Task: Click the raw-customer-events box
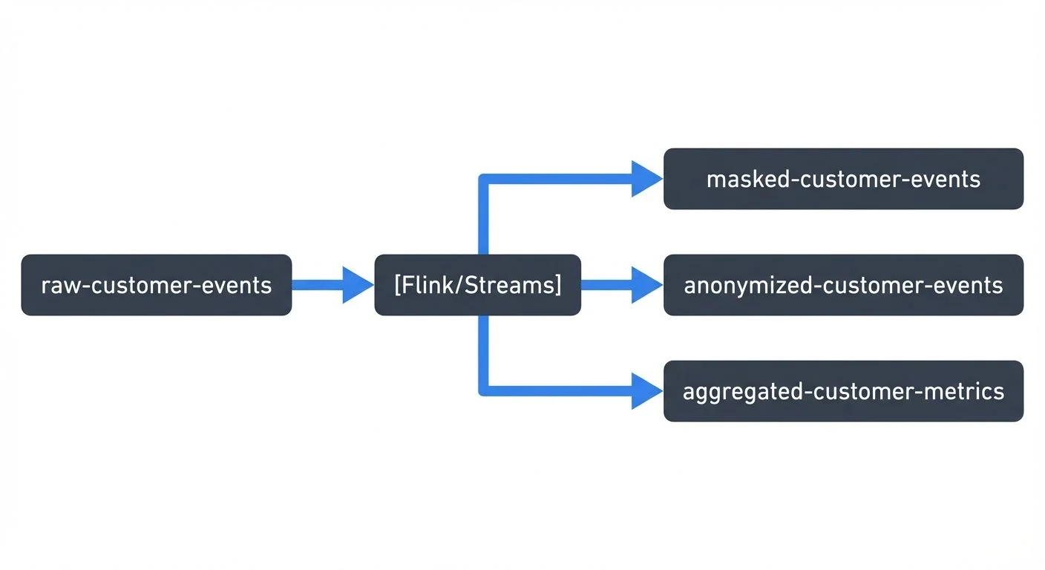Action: (156, 285)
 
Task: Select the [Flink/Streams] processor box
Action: (477, 285)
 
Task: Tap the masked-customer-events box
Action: (843, 179)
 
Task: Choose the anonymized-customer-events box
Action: (843, 285)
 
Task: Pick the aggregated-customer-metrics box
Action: (843, 391)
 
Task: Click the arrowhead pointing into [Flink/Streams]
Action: (357, 285)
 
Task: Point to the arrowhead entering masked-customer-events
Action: (646, 179)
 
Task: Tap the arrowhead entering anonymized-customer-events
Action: (646, 285)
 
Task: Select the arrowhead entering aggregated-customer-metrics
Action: (646, 391)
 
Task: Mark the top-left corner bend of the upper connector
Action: (484, 179)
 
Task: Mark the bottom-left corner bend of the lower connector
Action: (484, 390)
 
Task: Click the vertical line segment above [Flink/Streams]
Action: (484, 219)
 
